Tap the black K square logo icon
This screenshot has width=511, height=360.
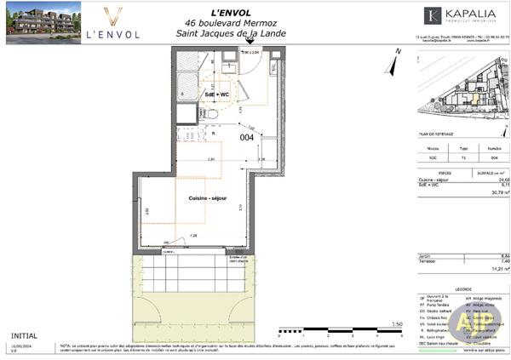click(433, 15)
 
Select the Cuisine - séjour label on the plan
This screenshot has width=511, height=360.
click(208, 197)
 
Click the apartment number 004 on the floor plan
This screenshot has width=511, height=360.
click(246, 137)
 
